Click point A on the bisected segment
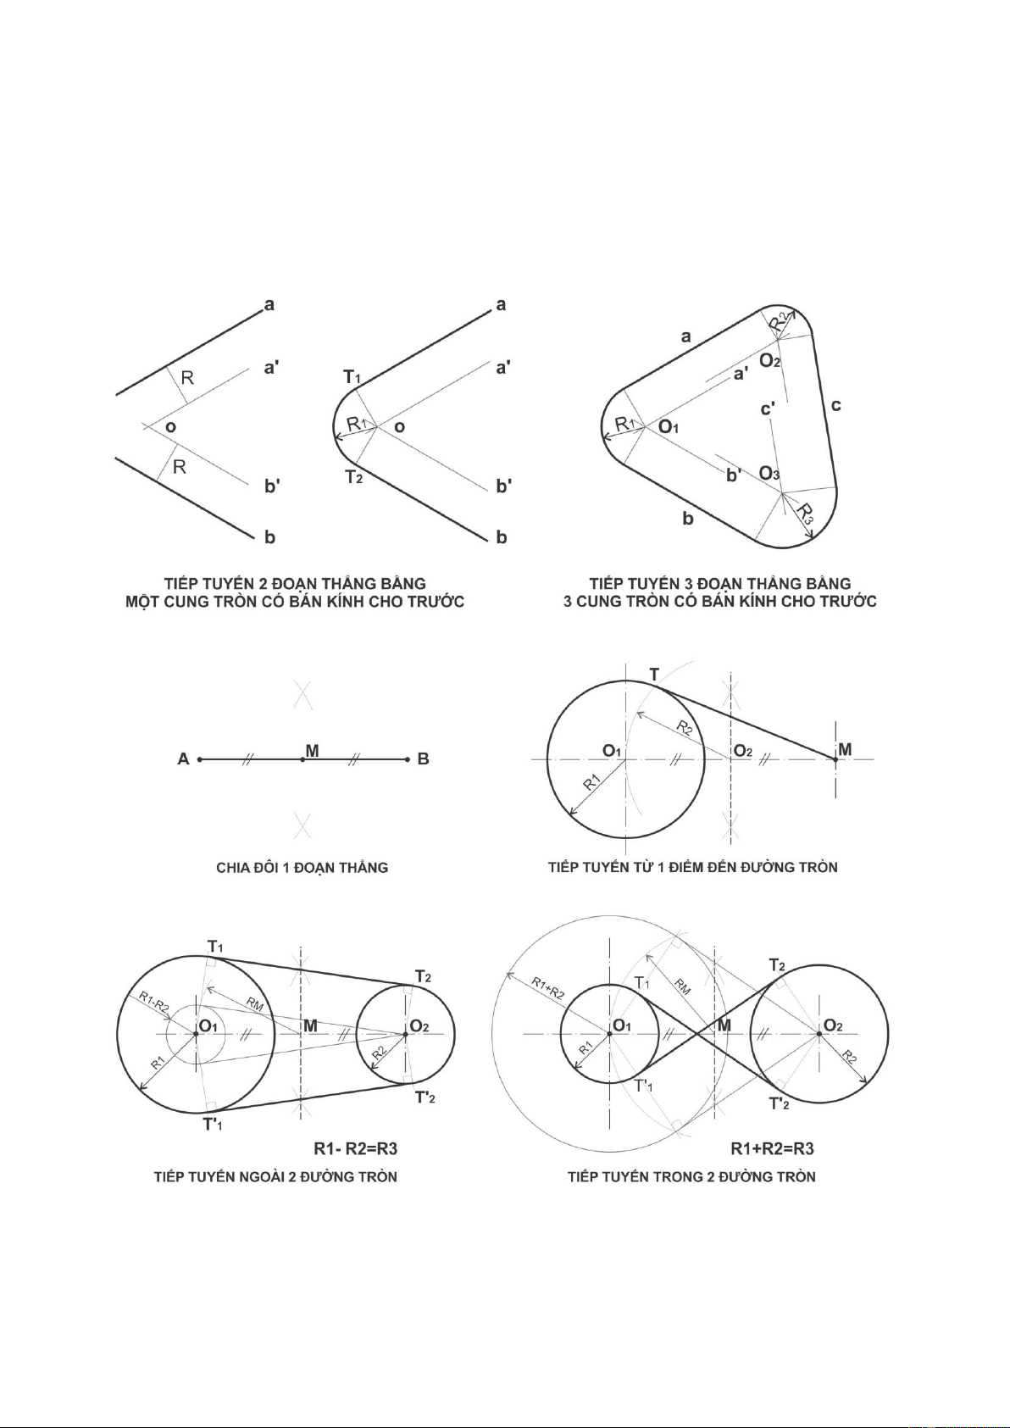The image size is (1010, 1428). [x=200, y=759]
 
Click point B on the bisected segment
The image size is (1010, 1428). [x=407, y=759]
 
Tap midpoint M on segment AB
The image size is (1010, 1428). [x=302, y=759]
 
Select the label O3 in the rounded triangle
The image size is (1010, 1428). [x=769, y=474]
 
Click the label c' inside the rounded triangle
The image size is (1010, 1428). [x=768, y=408]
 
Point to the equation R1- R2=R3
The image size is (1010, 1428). [x=356, y=1149]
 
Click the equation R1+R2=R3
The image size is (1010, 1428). [x=772, y=1149]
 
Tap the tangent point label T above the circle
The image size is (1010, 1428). [x=654, y=674]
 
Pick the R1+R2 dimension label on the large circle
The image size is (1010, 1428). [x=547, y=987]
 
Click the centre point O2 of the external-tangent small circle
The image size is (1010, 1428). [x=405, y=1034]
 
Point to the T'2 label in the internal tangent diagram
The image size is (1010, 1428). [x=779, y=1103]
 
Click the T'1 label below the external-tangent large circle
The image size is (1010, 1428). [x=213, y=1125]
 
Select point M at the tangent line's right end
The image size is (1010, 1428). [x=835, y=758]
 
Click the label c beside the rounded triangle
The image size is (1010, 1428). [x=836, y=405]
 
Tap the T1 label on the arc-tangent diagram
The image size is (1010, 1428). [x=352, y=377]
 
